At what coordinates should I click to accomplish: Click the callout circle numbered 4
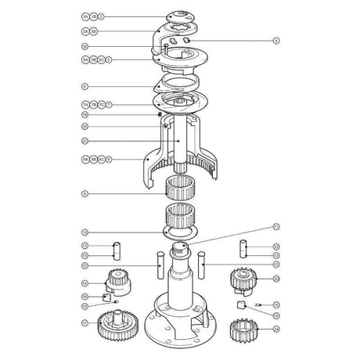275,40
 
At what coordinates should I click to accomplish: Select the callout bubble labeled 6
85,86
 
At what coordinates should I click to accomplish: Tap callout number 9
85,193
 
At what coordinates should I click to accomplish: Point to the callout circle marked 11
275,226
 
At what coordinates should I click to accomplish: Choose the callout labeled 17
85,322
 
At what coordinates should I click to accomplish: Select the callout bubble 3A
85,31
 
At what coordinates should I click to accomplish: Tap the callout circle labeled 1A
85,16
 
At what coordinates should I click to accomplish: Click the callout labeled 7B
93,103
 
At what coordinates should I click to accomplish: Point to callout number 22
275,247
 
